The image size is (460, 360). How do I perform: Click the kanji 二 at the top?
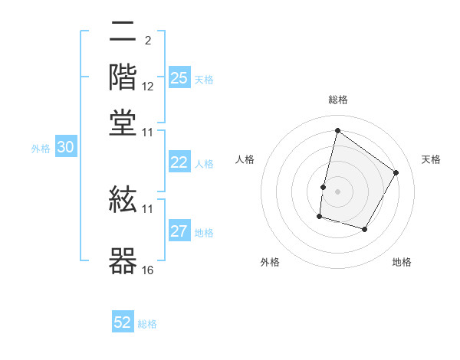pos(123,34)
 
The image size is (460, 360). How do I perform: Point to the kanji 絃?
pos(123,203)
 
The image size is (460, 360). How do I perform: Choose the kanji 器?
pos(123,260)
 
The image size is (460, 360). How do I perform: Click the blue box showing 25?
pos(179,78)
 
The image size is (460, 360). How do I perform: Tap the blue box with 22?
pos(179,162)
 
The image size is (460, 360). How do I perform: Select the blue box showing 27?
pos(179,231)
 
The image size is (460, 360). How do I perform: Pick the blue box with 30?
pos(65,148)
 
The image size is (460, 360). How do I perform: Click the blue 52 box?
pos(123,322)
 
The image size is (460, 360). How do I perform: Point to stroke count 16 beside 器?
pos(148,270)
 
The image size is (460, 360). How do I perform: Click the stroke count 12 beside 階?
pos(148,87)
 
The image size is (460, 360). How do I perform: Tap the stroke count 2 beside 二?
pos(147,40)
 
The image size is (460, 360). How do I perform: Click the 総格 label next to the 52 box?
pos(147,324)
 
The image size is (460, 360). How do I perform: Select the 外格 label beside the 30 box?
pos(41,149)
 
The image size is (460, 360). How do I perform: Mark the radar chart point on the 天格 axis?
pos(396,172)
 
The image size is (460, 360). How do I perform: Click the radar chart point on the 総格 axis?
pos(337,131)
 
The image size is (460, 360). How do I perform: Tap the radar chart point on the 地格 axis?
pos(365,229)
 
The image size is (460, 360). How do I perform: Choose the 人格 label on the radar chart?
pos(245,159)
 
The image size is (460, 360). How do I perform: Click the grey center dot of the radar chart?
pos(337,191)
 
